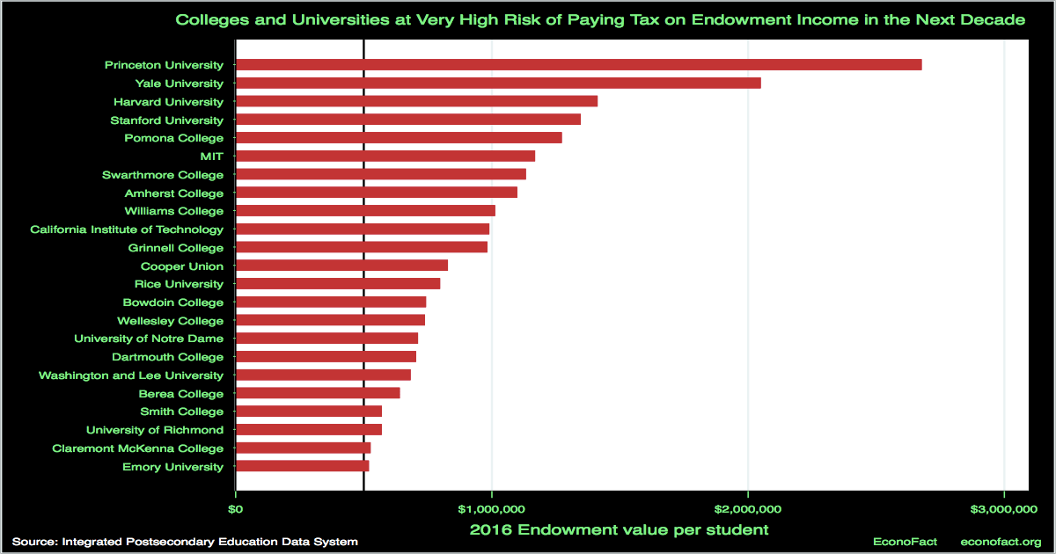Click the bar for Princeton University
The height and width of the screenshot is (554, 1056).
pyautogui.click(x=579, y=64)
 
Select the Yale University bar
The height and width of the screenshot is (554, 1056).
pyautogui.click(x=498, y=83)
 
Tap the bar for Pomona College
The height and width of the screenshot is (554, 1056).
pyautogui.click(x=399, y=138)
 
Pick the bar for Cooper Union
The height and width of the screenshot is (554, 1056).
pyautogui.click(x=341, y=266)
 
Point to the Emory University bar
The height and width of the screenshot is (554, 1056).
pyautogui.click(x=303, y=466)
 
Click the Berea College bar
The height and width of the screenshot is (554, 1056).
pyautogui.click(x=318, y=393)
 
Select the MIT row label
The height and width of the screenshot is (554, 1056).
pyautogui.click(x=211, y=157)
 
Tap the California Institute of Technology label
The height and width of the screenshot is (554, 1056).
pyautogui.click(x=127, y=230)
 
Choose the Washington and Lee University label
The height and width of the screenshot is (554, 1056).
pyautogui.click(x=131, y=375)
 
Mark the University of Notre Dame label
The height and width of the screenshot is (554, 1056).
pyautogui.click(x=149, y=339)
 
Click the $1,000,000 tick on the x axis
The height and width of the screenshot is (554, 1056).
pyautogui.click(x=491, y=509)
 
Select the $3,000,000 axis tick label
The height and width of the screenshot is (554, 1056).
pyautogui.click(x=1003, y=509)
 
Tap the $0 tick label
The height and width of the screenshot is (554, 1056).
pyautogui.click(x=236, y=509)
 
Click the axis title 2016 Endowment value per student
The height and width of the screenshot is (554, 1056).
pyautogui.click(x=620, y=529)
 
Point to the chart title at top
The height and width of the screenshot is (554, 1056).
pyautogui.click(x=601, y=19)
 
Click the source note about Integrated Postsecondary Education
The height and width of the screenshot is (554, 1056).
pyautogui.click(x=186, y=542)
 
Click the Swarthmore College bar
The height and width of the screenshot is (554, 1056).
pyautogui.click(x=381, y=174)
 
